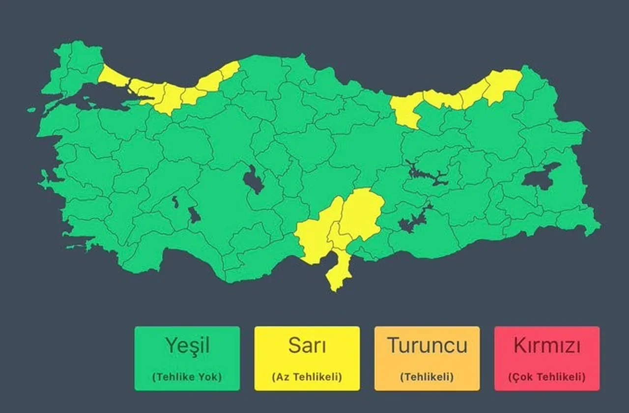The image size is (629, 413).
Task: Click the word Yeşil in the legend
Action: point(187,346)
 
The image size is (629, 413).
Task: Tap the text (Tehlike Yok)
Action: point(187,377)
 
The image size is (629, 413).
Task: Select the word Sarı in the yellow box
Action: point(307,346)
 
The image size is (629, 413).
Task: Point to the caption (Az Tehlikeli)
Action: point(307,377)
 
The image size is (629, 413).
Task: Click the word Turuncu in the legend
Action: point(427,346)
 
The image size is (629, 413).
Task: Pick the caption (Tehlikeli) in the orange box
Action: point(427,377)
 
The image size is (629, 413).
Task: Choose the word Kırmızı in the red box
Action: point(546,346)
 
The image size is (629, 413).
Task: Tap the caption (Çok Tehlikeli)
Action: point(546,377)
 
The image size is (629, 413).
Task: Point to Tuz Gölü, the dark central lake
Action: point(253,181)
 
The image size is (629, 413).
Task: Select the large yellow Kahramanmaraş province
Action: point(361,214)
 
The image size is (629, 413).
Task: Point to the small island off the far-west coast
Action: point(31,110)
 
